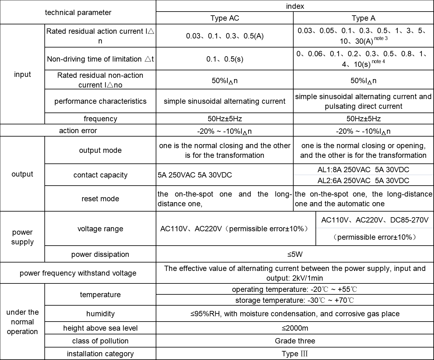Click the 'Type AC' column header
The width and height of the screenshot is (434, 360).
coord(225,18)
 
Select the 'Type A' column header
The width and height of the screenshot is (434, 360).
coord(363,18)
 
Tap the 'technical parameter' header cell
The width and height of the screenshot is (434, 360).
coord(78,12)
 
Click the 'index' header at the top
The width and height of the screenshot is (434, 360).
coord(295,6)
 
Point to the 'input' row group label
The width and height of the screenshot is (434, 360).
coord(23,74)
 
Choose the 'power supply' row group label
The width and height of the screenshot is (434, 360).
coord(23,237)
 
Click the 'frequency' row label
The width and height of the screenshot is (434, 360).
coord(100,119)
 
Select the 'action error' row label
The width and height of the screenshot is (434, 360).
coord(78,131)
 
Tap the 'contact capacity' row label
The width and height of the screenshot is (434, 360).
coord(100,175)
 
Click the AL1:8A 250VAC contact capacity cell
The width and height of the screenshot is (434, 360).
coord(363,170)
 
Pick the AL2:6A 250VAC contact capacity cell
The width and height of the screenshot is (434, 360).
coord(363,181)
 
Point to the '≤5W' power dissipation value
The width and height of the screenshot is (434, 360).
coord(295,254)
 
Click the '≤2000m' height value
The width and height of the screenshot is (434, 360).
coord(295,328)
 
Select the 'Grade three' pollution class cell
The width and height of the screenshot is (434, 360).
coord(295,341)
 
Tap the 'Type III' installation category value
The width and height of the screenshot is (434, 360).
coord(295,354)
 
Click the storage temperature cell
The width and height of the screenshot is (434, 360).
coord(295,300)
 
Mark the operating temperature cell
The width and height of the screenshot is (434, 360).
coord(295,289)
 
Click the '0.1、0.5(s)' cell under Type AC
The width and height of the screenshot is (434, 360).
coord(225,59)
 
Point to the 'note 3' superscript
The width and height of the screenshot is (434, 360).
coord(381,38)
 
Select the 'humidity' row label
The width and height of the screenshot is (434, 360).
coord(100,314)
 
